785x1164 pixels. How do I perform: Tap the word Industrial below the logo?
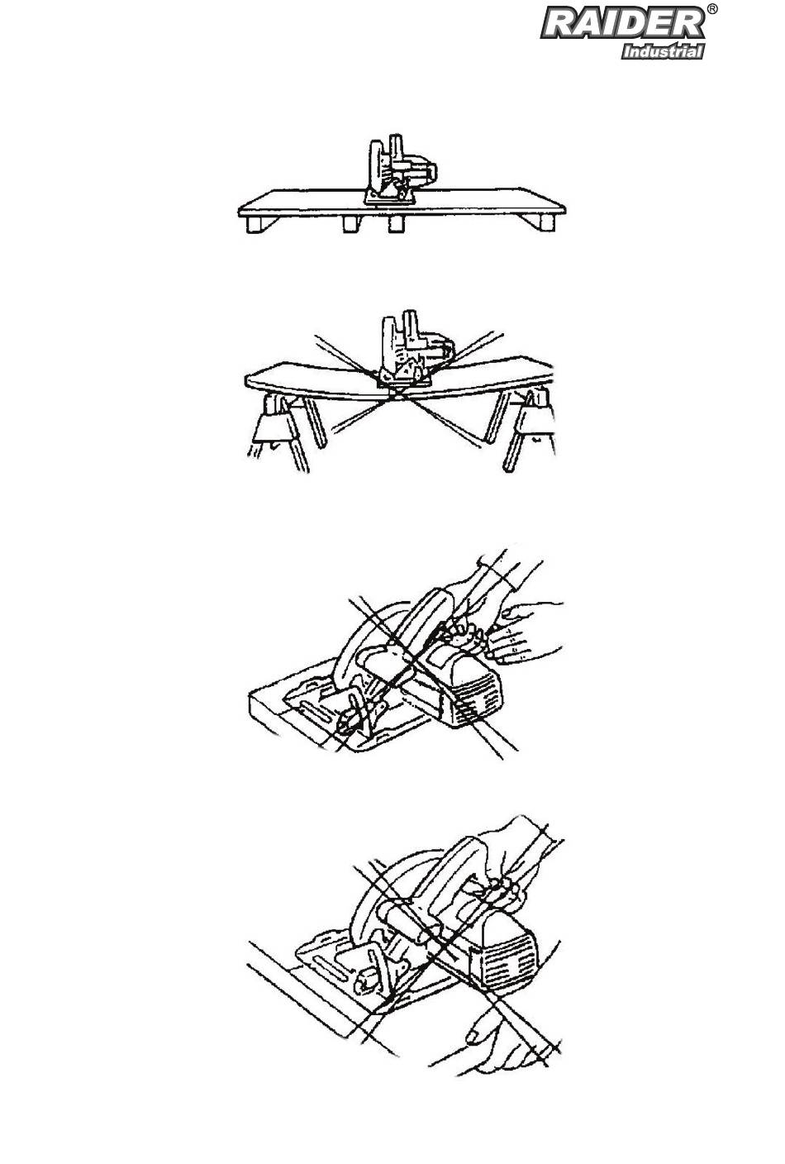tap(663, 51)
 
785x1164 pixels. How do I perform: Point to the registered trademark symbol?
tap(712, 9)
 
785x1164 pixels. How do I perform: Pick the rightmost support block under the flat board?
tap(547, 223)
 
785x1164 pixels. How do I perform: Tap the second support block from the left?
tap(351, 224)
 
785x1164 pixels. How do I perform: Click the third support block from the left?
tap(397, 224)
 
